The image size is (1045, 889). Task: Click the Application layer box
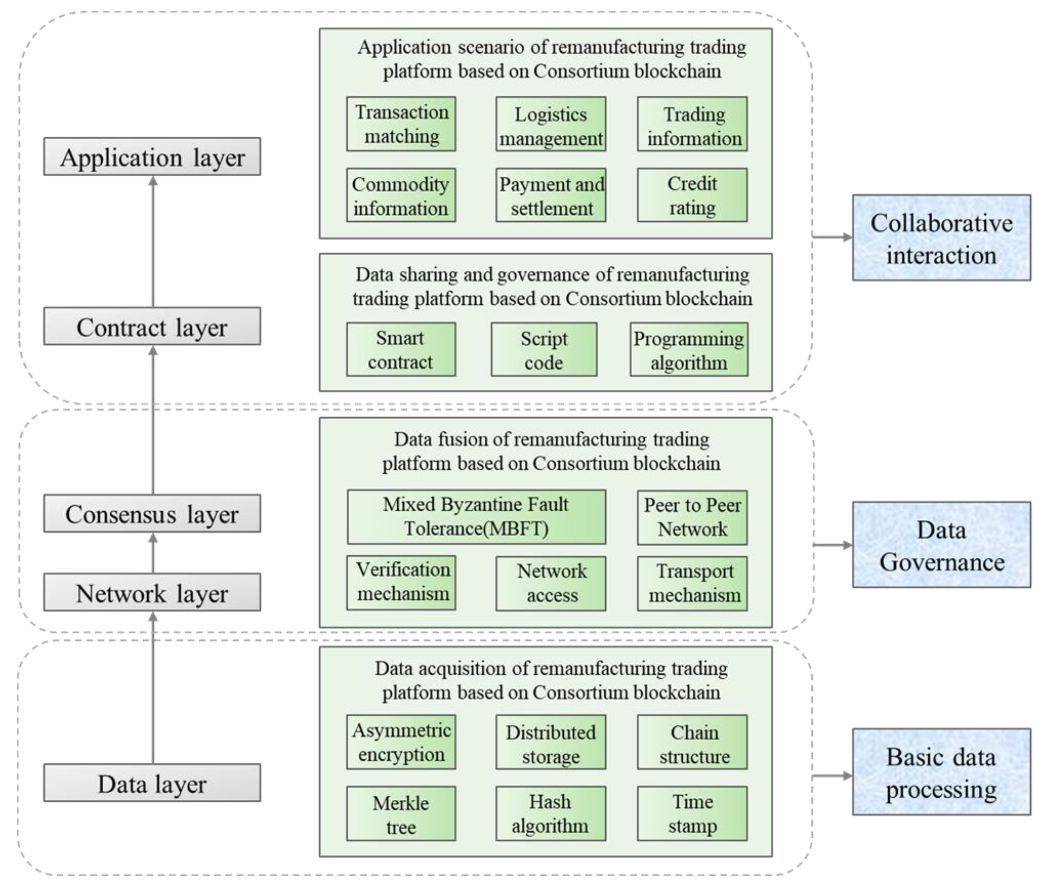(152, 157)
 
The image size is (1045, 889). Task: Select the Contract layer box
(152, 327)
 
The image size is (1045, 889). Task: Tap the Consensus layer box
(152, 513)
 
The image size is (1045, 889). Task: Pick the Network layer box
(152, 592)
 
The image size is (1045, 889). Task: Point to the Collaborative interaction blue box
(941, 238)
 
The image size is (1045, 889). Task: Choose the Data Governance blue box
(941, 545)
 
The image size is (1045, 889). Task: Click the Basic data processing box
(941, 772)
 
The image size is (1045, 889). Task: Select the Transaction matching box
(401, 124)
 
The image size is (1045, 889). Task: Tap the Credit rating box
(692, 195)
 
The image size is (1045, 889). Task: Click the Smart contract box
(401, 349)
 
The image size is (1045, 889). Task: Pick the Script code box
(544, 349)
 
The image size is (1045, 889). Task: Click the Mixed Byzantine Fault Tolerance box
(476, 517)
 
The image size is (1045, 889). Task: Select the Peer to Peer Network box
(692, 517)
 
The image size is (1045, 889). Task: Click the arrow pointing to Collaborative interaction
(832, 237)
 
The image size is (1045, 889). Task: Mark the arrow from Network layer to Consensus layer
(153, 553)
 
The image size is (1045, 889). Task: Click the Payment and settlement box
(551, 195)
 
